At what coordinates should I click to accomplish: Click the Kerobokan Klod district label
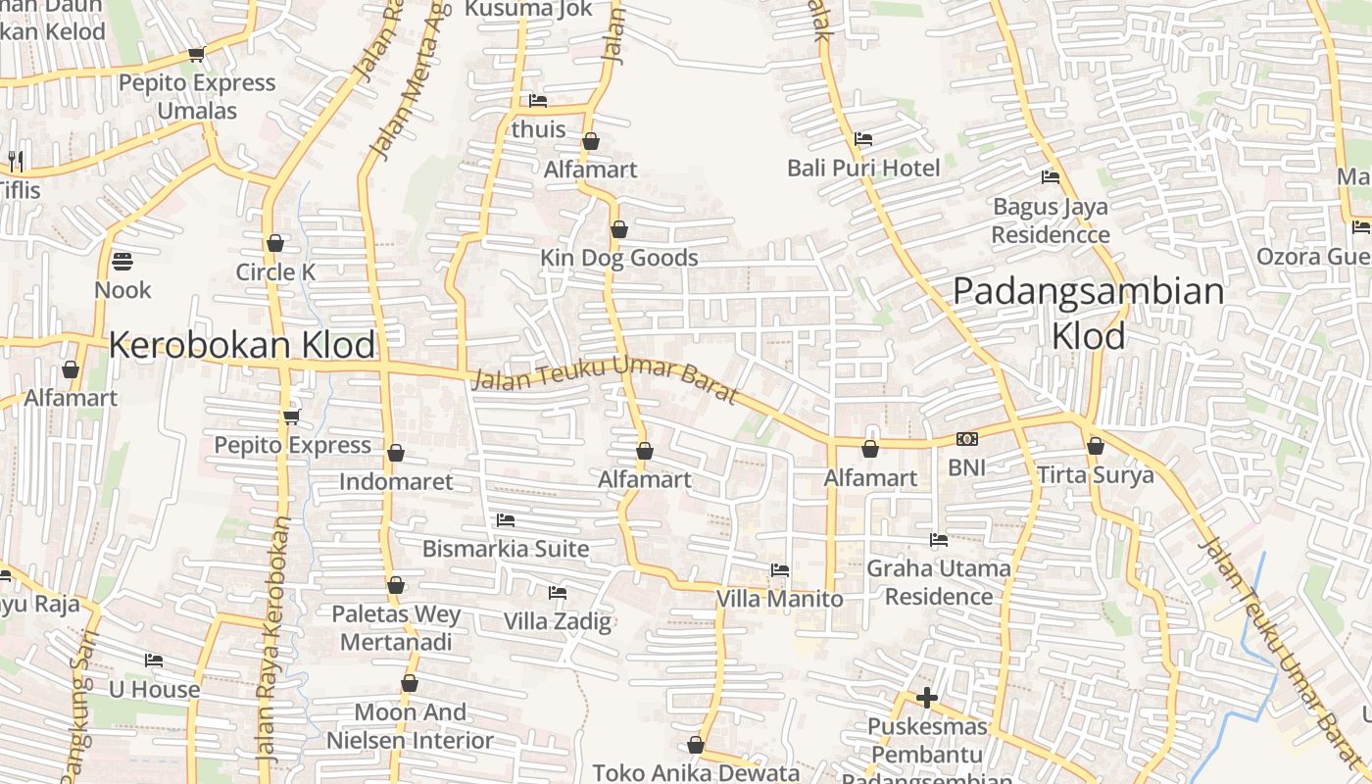click(x=242, y=345)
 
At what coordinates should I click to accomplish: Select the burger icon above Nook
click(x=122, y=262)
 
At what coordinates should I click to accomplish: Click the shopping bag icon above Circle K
click(x=275, y=243)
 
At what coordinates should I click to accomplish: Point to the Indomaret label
click(x=396, y=481)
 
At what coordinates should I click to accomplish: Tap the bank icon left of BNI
click(x=966, y=439)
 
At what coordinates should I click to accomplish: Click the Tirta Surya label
click(x=1096, y=475)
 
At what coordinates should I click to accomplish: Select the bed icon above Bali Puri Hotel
click(x=863, y=139)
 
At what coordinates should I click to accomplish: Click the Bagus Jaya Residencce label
click(x=1051, y=220)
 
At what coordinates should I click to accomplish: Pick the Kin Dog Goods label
click(x=619, y=258)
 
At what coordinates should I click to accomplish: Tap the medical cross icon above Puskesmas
click(x=926, y=698)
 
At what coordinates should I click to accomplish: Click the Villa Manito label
click(x=779, y=598)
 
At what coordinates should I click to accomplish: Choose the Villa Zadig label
click(x=557, y=621)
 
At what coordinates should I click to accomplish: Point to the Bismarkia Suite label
click(x=506, y=549)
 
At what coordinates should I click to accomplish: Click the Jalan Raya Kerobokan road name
click(x=271, y=637)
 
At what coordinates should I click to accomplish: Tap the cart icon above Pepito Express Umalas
click(x=196, y=55)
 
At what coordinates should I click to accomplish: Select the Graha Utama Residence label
click(x=938, y=582)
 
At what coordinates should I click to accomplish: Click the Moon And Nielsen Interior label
click(x=410, y=725)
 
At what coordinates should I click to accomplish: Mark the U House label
click(x=154, y=689)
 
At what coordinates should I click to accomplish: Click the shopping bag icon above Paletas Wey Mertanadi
click(x=396, y=586)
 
